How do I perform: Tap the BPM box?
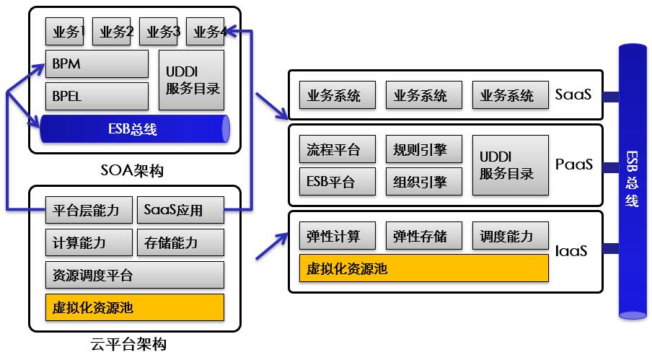(97, 64)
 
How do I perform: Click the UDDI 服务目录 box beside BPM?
(191, 80)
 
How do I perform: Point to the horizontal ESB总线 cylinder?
(134, 129)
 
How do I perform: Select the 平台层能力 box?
(89, 211)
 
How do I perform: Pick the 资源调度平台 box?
(134, 275)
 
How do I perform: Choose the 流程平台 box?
(337, 150)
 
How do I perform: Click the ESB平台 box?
(337, 182)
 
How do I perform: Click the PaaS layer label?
(574, 165)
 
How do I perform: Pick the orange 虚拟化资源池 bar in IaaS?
(423, 268)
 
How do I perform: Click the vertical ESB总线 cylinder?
(632, 180)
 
